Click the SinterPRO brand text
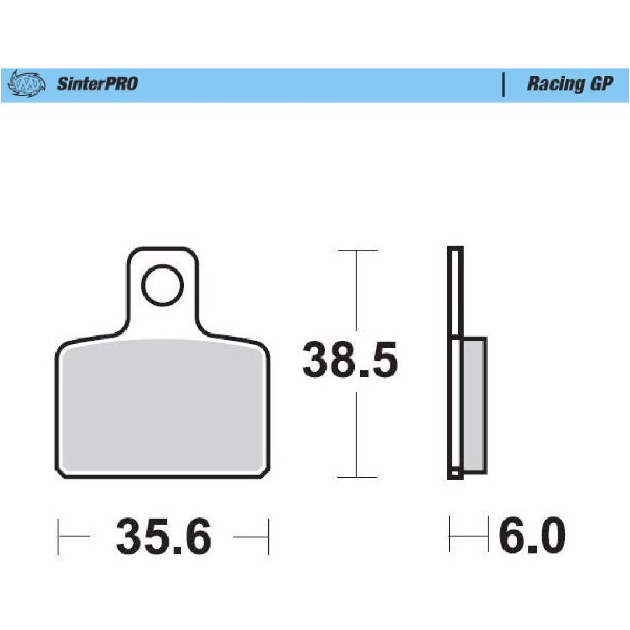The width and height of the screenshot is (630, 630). (x=97, y=83)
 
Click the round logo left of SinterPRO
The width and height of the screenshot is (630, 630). (x=26, y=83)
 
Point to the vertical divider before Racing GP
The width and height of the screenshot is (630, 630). (x=503, y=85)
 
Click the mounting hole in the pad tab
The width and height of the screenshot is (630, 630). (x=163, y=285)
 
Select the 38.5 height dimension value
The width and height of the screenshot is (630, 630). (x=350, y=359)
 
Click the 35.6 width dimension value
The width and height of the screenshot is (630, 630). (x=163, y=536)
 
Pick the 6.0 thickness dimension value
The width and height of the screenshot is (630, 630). (x=532, y=535)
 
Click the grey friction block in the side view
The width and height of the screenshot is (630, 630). (x=474, y=405)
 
